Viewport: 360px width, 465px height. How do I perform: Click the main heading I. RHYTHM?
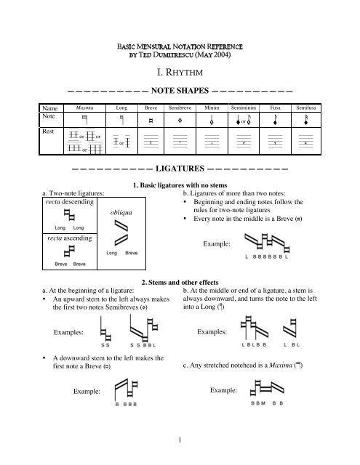point(180,73)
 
